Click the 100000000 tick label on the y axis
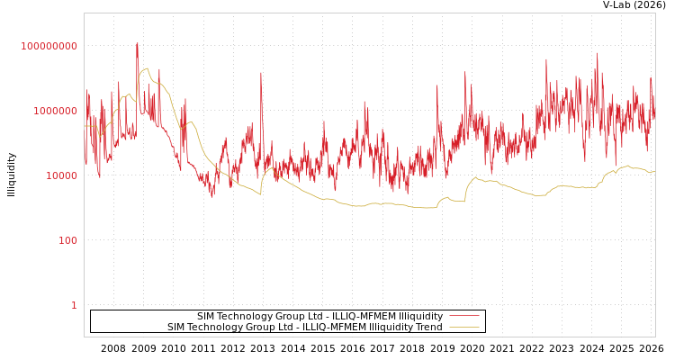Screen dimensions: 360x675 coord(49,46)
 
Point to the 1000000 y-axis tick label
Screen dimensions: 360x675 coord(56,111)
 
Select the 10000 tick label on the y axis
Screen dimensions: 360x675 coord(62,175)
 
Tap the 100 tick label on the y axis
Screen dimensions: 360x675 coord(68,240)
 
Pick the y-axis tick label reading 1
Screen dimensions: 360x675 coord(74,305)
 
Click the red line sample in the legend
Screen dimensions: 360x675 coord(463,316)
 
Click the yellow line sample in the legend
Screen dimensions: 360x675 coord(463,328)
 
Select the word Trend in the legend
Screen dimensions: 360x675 coord(427,328)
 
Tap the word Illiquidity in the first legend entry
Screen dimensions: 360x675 coord(421,316)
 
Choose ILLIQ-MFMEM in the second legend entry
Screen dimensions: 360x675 coord(335,328)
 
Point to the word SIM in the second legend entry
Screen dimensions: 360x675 coord(177,328)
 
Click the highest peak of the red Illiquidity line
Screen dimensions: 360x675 coord(138,43)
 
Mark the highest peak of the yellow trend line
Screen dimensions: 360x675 coord(147,68)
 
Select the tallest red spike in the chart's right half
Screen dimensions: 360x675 coord(597,54)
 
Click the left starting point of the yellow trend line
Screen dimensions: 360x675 coord(85,126)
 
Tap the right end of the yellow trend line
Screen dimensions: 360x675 coord(654,171)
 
